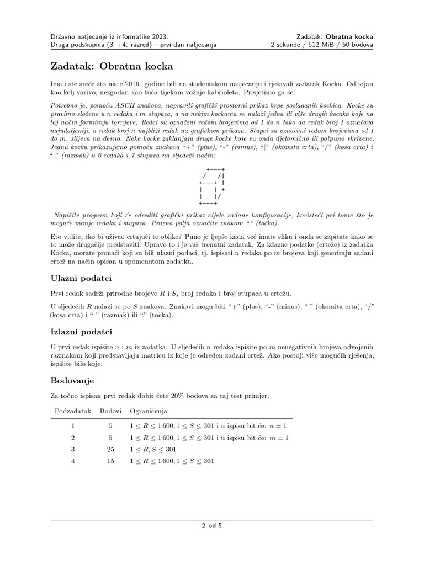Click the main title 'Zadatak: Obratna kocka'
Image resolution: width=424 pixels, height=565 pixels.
(112, 67)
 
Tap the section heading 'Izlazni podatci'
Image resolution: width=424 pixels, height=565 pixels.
(82, 332)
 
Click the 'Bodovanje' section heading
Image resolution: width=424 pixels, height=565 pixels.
(73, 381)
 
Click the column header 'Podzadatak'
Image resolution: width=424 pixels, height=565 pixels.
(72, 411)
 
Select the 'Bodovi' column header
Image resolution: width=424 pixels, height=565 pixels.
(110, 411)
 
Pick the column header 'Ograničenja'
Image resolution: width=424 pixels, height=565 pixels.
(149, 411)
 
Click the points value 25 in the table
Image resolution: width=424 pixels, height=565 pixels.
(110, 449)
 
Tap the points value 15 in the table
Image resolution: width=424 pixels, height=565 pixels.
(110, 461)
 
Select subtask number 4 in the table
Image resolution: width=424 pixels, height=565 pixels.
(72, 461)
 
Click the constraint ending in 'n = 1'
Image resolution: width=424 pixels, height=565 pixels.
(208, 426)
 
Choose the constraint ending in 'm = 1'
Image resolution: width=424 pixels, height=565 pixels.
(209, 438)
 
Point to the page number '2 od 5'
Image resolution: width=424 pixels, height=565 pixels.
(211, 526)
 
